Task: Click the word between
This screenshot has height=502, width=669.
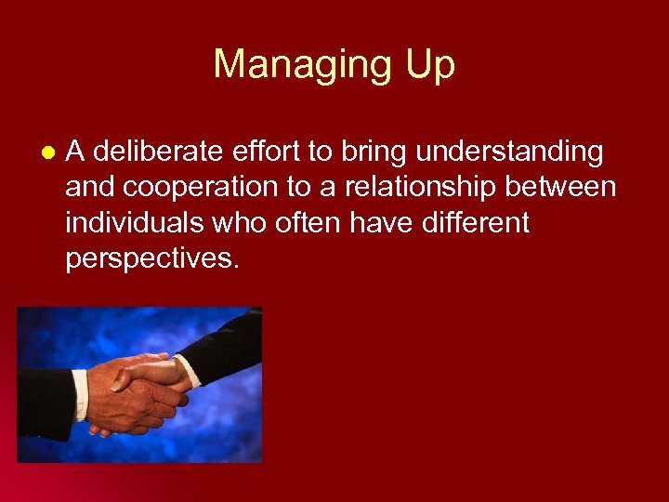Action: click(568, 187)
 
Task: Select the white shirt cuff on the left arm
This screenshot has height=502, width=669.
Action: click(81, 395)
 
